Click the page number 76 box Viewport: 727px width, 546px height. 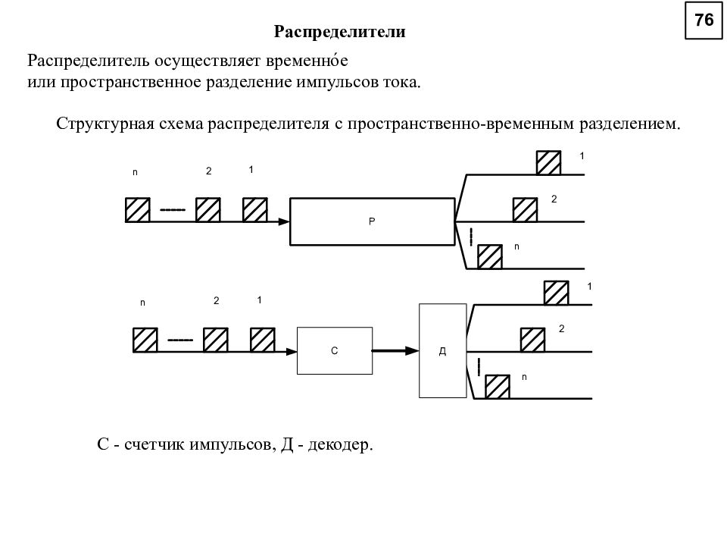(704, 20)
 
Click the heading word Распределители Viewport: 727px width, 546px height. (339, 32)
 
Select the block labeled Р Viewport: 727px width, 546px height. (373, 221)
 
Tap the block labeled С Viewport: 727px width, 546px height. (335, 350)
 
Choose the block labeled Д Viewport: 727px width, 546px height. (443, 350)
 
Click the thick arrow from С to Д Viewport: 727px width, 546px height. (395, 350)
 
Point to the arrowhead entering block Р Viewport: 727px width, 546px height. (284, 222)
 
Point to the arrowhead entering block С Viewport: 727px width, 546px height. (291, 352)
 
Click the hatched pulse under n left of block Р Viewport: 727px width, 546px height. (138, 210)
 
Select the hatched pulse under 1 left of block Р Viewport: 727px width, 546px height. (255, 210)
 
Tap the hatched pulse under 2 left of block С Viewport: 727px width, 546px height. (216, 340)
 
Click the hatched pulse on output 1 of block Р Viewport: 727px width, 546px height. (548, 163)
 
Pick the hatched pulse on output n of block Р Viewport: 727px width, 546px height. (490, 257)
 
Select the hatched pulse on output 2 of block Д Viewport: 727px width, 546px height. (532, 340)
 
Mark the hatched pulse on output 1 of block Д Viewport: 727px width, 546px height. (556, 293)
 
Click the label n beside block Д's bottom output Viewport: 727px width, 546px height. (524, 377)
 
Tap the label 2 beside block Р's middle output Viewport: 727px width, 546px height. (554, 199)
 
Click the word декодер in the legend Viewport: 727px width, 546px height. (340, 445)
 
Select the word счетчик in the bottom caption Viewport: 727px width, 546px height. (154, 445)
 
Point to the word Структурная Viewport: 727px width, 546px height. (105, 124)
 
